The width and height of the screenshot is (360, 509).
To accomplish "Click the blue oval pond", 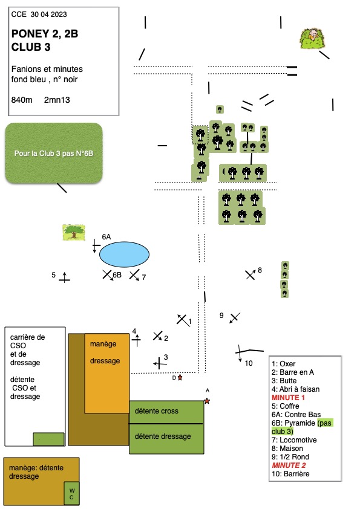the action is click(x=124, y=254).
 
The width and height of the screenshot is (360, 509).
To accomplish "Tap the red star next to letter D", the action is click(x=180, y=378).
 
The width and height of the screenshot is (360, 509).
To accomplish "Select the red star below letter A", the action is click(x=207, y=401).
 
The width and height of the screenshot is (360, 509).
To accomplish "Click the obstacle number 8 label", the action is click(x=260, y=270).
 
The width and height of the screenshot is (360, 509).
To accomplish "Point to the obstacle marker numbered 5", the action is click(x=64, y=277).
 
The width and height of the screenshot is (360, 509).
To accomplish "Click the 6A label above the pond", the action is click(x=106, y=236).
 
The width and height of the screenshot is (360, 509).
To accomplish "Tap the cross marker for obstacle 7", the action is click(x=134, y=275).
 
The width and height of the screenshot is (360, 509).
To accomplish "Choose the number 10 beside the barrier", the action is click(x=249, y=363).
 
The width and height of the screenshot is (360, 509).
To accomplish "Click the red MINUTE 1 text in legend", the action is click(x=288, y=398).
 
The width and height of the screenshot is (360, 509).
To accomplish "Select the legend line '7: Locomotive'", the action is click(x=294, y=440).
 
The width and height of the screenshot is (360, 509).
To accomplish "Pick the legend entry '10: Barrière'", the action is click(x=290, y=473).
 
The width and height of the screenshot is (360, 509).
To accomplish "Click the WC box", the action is click(x=71, y=493).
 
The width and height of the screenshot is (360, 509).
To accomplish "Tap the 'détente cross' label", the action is click(x=157, y=411).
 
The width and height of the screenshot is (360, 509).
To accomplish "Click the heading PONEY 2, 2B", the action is click(x=45, y=34).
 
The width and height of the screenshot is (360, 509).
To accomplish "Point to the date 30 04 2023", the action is click(x=49, y=15).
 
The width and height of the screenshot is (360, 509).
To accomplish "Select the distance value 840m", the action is click(x=22, y=100).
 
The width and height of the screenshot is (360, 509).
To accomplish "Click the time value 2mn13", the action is click(x=57, y=100).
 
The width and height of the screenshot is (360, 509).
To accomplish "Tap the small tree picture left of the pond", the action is click(x=74, y=232).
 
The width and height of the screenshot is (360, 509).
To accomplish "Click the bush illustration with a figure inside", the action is click(x=313, y=38).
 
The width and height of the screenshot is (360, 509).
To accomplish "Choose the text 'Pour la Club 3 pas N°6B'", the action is click(x=54, y=153).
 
